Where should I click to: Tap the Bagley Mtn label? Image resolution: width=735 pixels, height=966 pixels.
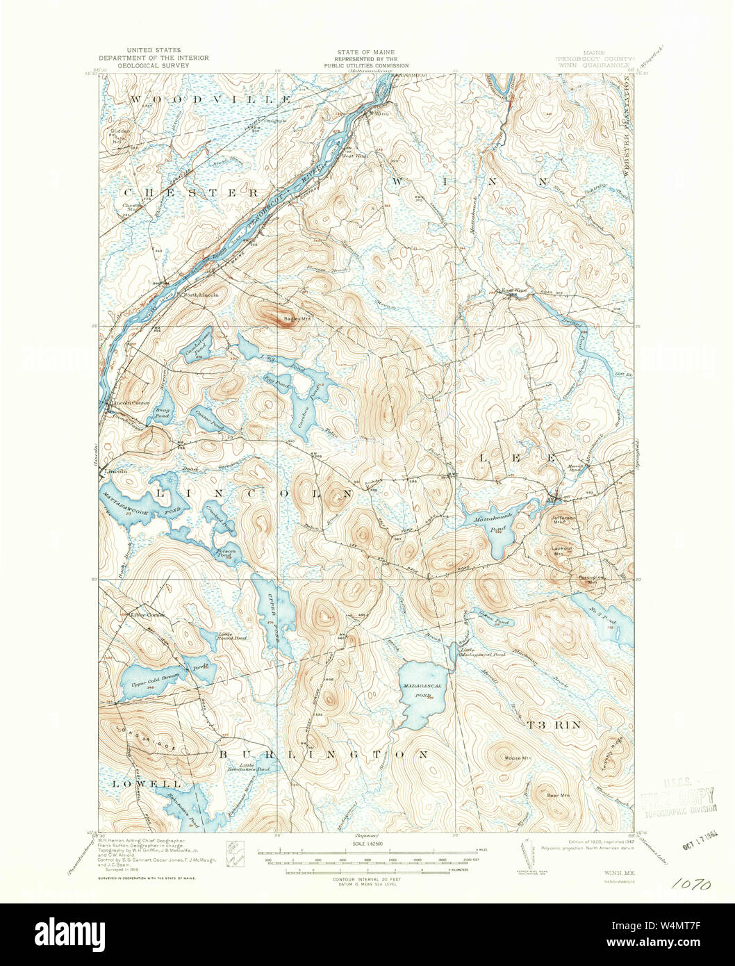point(297,320)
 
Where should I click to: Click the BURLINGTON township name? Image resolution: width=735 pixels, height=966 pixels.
point(324,754)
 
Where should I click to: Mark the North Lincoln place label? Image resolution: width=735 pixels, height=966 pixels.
point(201,295)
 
